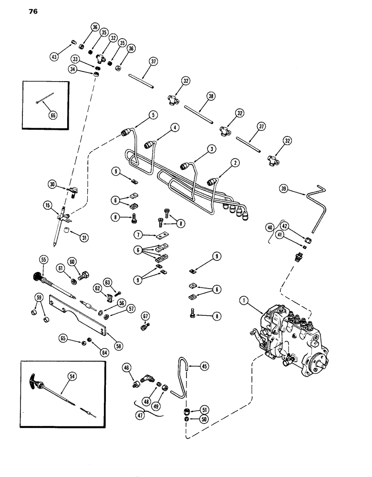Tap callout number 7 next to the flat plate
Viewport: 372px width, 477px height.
(138, 235)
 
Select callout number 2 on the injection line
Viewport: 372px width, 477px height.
(235, 163)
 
